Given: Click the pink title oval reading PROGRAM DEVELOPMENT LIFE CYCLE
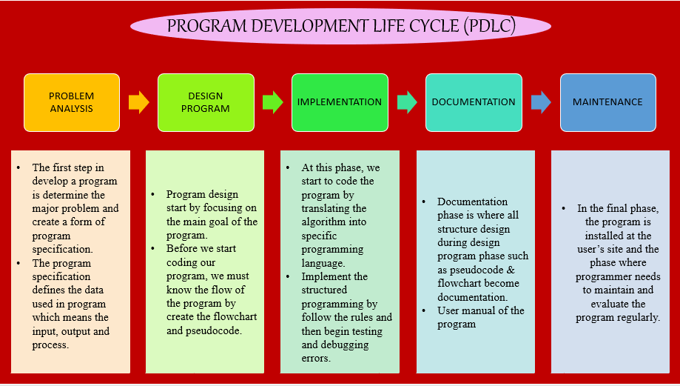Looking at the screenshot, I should [x=340, y=26].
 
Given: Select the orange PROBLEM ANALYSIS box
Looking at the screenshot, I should [x=72, y=102].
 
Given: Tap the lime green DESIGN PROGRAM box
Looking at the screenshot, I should [x=206, y=102].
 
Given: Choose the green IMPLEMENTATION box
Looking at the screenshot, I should [x=340, y=102].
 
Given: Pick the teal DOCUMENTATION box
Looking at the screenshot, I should [x=474, y=102].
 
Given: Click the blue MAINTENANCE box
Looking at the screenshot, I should [x=607, y=102].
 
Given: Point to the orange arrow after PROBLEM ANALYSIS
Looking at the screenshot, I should [x=138, y=102].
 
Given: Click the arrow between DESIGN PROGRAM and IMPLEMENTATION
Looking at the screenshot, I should [x=272, y=102].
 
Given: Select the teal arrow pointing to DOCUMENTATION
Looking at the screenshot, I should [x=406, y=102].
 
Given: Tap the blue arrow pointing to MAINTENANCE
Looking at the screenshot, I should [x=541, y=102].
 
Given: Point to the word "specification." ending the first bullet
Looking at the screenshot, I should [x=62, y=249].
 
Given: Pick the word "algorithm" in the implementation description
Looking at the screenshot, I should [x=324, y=222].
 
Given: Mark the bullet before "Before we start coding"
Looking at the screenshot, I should [x=152, y=249].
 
